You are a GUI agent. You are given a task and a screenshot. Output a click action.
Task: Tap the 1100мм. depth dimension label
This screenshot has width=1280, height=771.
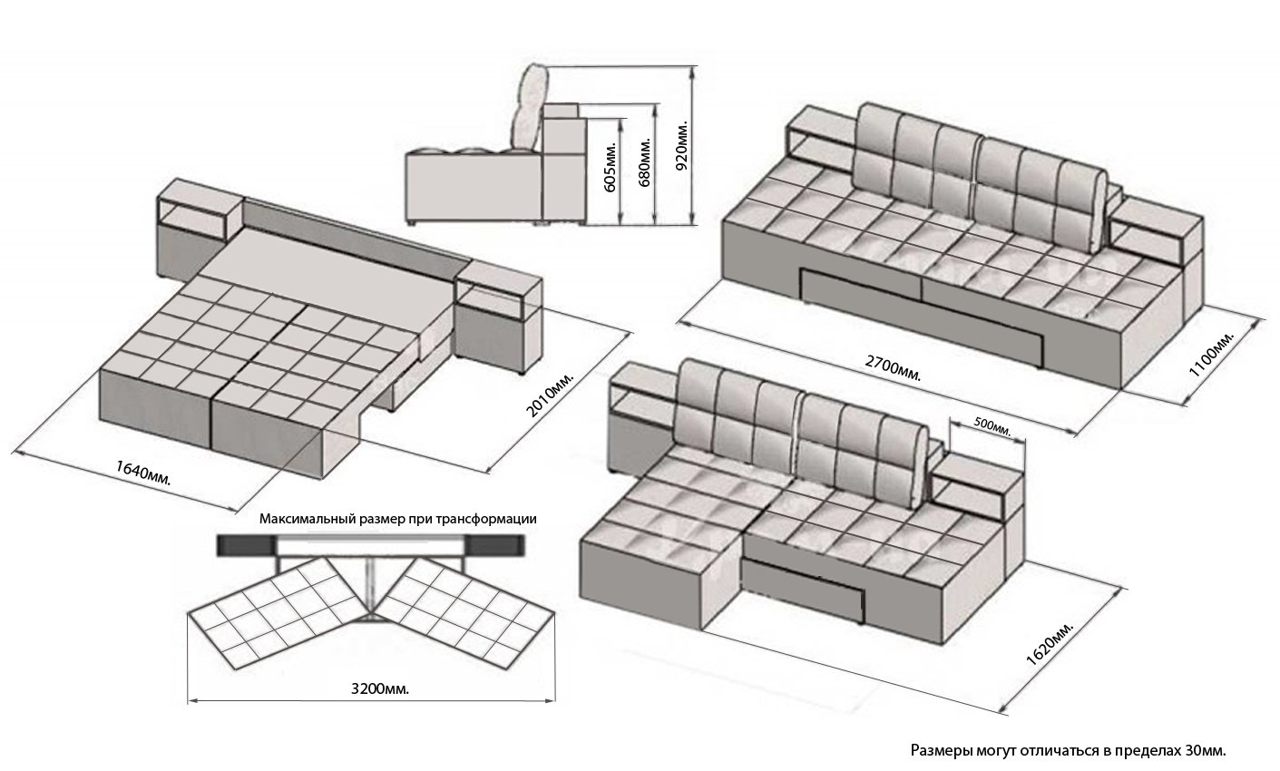tap(1212, 355)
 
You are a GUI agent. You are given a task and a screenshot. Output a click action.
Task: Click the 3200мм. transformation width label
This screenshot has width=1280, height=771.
tap(378, 688)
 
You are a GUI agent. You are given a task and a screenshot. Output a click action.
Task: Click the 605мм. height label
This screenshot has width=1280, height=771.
tap(611, 167)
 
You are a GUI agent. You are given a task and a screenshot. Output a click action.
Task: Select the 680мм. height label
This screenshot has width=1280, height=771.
tap(645, 164)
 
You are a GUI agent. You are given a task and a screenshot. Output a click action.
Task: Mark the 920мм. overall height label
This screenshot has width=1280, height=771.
tap(683, 145)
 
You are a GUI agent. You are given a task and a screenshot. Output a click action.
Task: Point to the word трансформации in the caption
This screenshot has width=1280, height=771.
tap(486, 520)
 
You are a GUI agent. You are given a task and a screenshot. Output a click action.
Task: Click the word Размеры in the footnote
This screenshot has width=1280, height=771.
tap(941, 751)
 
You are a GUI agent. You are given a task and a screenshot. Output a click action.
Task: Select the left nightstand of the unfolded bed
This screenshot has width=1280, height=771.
tap(197, 230)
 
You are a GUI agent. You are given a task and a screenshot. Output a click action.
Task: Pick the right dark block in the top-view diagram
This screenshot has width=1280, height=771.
tap(497, 545)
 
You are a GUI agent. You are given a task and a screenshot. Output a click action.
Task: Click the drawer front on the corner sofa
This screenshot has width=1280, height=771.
tap(806, 588)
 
